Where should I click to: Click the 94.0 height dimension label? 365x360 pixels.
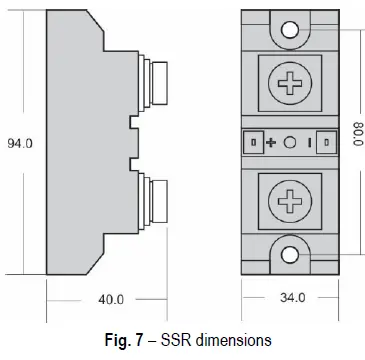click(x=20, y=144)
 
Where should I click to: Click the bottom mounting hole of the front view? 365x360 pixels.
click(x=290, y=255)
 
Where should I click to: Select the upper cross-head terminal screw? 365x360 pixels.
click(x=290, y=84)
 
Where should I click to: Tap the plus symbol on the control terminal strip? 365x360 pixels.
click(x=271, y=143)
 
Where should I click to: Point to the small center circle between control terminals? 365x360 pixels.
click(x=290, y=143)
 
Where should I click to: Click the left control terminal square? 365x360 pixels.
click(x=253, y=143)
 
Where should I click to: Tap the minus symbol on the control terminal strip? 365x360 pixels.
click(x=309, y=143)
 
